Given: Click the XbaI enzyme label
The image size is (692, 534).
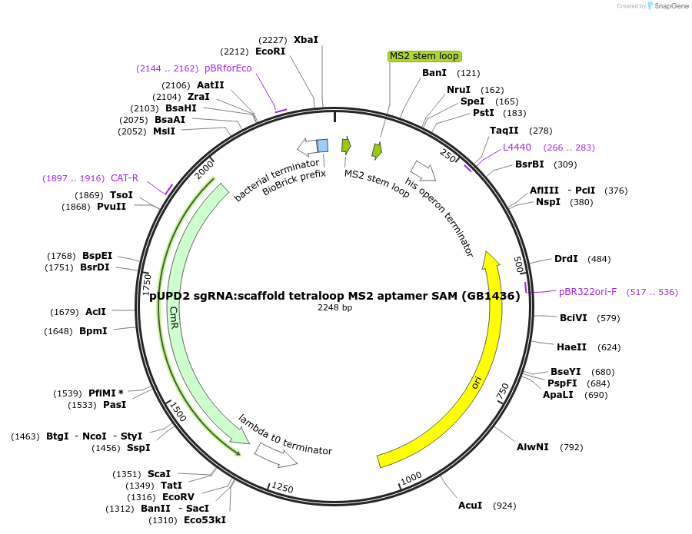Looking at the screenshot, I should click(x=305, y=39).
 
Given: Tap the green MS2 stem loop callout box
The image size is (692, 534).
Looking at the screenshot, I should click(x=424, y=56).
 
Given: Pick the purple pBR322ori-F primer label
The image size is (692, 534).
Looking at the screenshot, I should click(x=587, y=292).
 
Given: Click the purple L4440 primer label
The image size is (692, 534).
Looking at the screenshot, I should click(x=517, y=147).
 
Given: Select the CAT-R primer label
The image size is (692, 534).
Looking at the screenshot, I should click(x=125, y=178).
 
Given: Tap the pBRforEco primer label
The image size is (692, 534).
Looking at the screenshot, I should click(x=228, y=68).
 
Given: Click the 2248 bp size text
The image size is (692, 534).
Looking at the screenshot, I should click(x=335, y=307).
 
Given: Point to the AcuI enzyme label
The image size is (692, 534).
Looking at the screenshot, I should click(x=470, y=505).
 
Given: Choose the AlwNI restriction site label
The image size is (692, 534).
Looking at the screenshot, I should click(x=532, y=447).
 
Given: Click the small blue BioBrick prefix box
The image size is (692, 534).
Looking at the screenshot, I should click(x=323, y=145).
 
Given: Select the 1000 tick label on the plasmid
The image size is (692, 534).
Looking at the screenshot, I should click(x=411, y=478).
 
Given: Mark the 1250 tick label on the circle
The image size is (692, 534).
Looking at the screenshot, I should click(x=282, y=488).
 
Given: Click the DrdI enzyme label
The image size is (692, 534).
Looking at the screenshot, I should click(x=566, y=259).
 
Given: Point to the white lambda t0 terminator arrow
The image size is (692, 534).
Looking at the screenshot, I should click(x=276, y=456).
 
